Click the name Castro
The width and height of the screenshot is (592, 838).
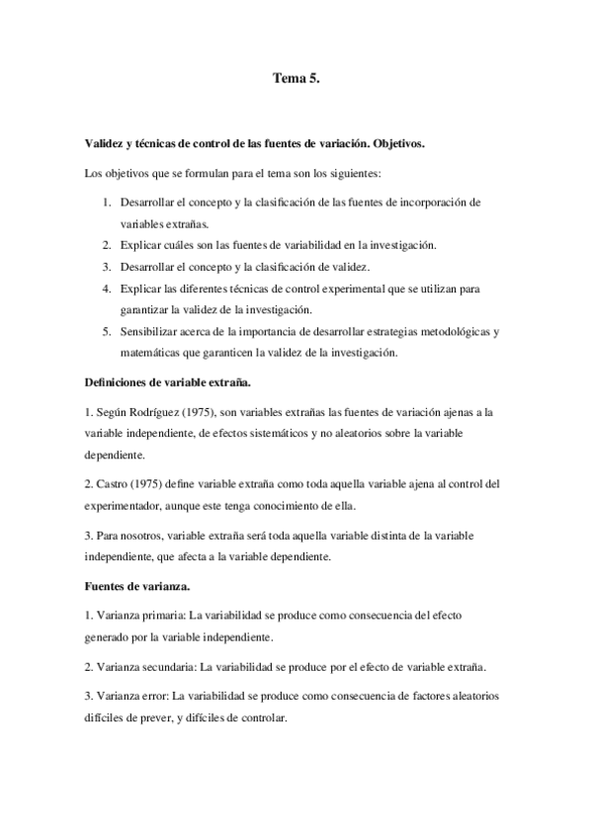[117, 484]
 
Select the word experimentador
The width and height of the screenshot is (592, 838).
[127, 505]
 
